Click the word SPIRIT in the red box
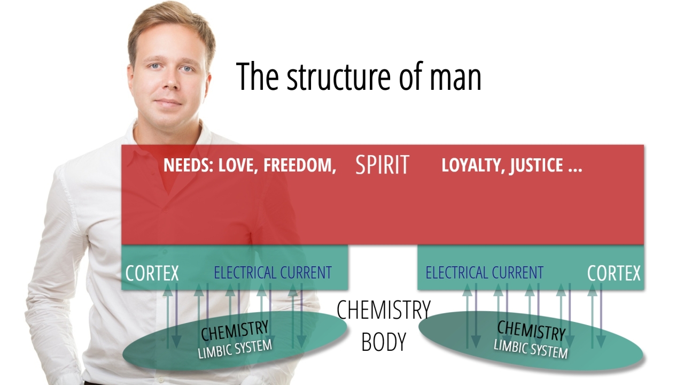click(382, 165)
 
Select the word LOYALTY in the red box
click(472, 165)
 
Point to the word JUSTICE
click(536, 165)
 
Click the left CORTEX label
click(152, 273)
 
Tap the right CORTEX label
click(613, 273)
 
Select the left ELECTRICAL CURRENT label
click(273, 273)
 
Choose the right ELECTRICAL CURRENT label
click(484, 273)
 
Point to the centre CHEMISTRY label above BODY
click(383, 310)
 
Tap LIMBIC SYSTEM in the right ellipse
click(530, 348)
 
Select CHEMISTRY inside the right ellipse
click(531, 330)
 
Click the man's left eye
click(186, 69)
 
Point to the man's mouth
click(169, 102)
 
